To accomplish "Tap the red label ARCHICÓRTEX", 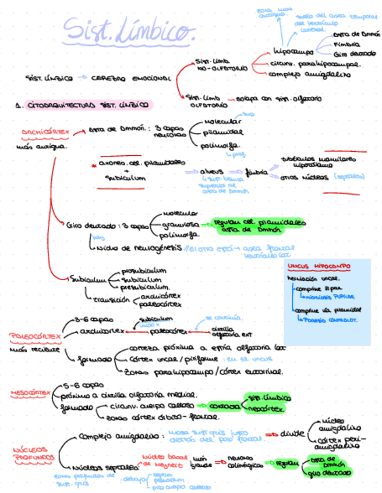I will click(x=45, y=132).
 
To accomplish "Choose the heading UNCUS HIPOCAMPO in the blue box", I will click(x=319, y=266).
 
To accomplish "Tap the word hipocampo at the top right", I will click(x=292, y=51).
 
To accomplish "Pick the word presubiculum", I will click(x=145, y=287).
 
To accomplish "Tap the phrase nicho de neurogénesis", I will click(x=137, y=248).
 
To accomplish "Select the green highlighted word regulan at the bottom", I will click(x=288, y=463).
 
